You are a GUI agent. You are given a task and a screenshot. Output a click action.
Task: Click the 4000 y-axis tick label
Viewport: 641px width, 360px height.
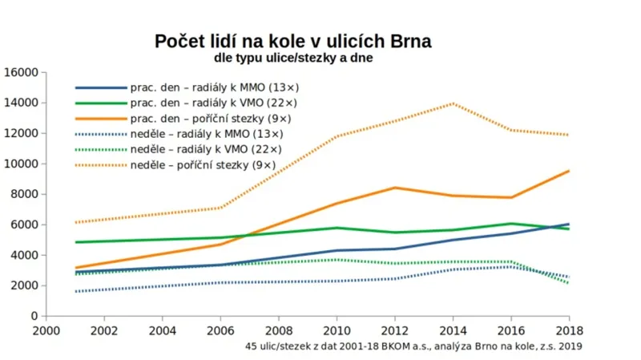pos(23,255)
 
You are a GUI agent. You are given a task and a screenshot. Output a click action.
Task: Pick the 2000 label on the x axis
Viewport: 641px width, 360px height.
pos(46,330)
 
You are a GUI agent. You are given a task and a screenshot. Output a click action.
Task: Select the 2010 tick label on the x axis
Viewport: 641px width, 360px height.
pos(336,330)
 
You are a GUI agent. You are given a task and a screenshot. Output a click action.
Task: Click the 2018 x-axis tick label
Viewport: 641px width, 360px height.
pos(568,330)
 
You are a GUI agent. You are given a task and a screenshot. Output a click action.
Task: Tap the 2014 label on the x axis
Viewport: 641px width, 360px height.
pos(453,330)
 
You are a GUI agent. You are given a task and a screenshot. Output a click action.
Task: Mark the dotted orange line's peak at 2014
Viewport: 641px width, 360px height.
pos(454,103)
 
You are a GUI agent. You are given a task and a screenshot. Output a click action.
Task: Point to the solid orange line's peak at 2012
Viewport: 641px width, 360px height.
pos(395,188)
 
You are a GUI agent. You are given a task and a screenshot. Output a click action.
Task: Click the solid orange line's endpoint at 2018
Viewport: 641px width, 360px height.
pos(569,171)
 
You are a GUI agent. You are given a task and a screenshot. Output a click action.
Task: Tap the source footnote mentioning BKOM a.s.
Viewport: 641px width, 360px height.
pos(414,346)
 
